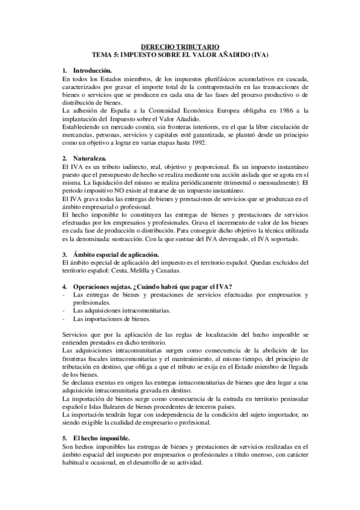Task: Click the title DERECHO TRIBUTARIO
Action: [180, 46]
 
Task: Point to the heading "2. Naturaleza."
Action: [85, 157]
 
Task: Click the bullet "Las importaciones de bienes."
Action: [111, 319]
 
